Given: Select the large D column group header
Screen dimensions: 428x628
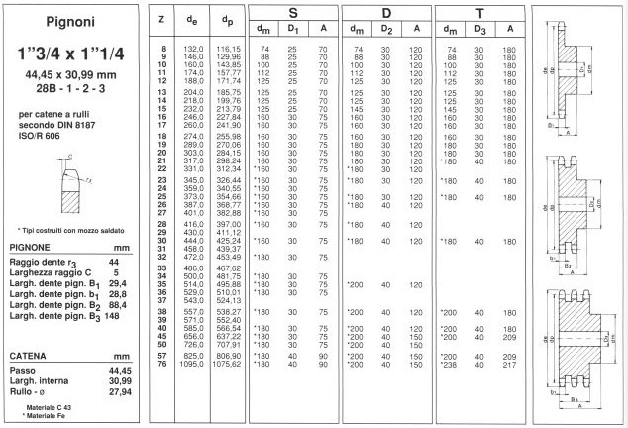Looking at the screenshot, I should (x=387, y=15).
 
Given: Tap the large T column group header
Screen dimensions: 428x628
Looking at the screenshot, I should (x=480, y=15).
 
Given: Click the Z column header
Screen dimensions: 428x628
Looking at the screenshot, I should (x=161, y=20).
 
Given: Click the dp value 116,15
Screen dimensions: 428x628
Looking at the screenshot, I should (x=229, y=49).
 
